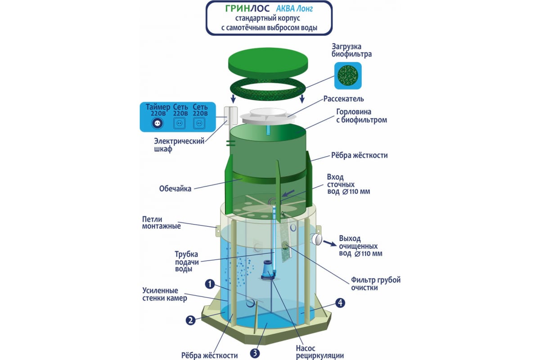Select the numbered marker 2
point(191,320)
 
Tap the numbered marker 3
point(255,353)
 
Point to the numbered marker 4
point(341,303)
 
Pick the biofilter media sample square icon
point(348,75)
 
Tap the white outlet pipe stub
point(317,239)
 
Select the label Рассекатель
point(344,99)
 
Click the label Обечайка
point(175,189)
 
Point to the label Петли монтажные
point(161,222)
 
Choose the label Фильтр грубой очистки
point(376,284)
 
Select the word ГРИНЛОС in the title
point(240,9)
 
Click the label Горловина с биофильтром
point(361,116)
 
